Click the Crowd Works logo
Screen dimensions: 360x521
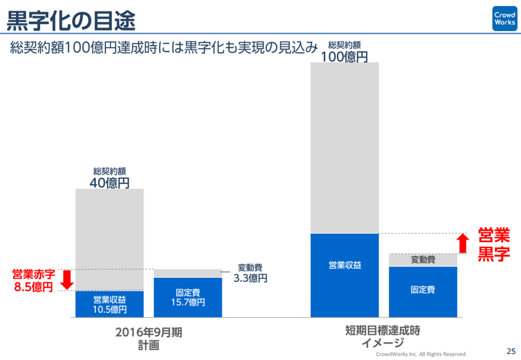click(504, 19)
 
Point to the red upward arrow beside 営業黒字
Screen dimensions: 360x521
click(462, 243)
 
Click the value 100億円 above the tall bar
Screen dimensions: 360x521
click(344, 57)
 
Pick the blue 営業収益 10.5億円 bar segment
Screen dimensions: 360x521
click(109, 304)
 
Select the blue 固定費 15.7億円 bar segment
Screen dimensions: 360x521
click(188, 297)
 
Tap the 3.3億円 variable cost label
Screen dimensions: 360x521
click(250, 278)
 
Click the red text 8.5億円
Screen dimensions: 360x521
click(33, 287)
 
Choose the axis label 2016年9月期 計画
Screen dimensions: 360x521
click(148, 339)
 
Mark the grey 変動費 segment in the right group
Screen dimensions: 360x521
click(423, 260)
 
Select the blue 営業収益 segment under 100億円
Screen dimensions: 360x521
click(344, 275)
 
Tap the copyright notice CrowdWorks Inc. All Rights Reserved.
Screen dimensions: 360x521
click(421, 354)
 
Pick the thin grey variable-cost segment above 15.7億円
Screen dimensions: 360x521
click(188, 274)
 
